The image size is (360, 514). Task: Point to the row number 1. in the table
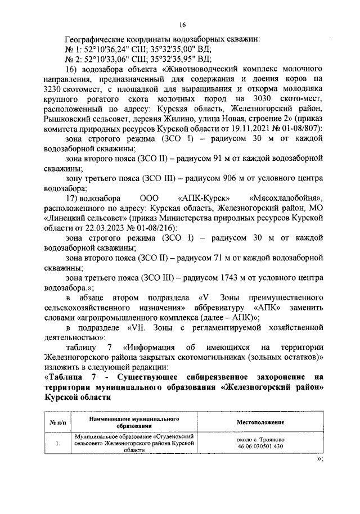point(58,443)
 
